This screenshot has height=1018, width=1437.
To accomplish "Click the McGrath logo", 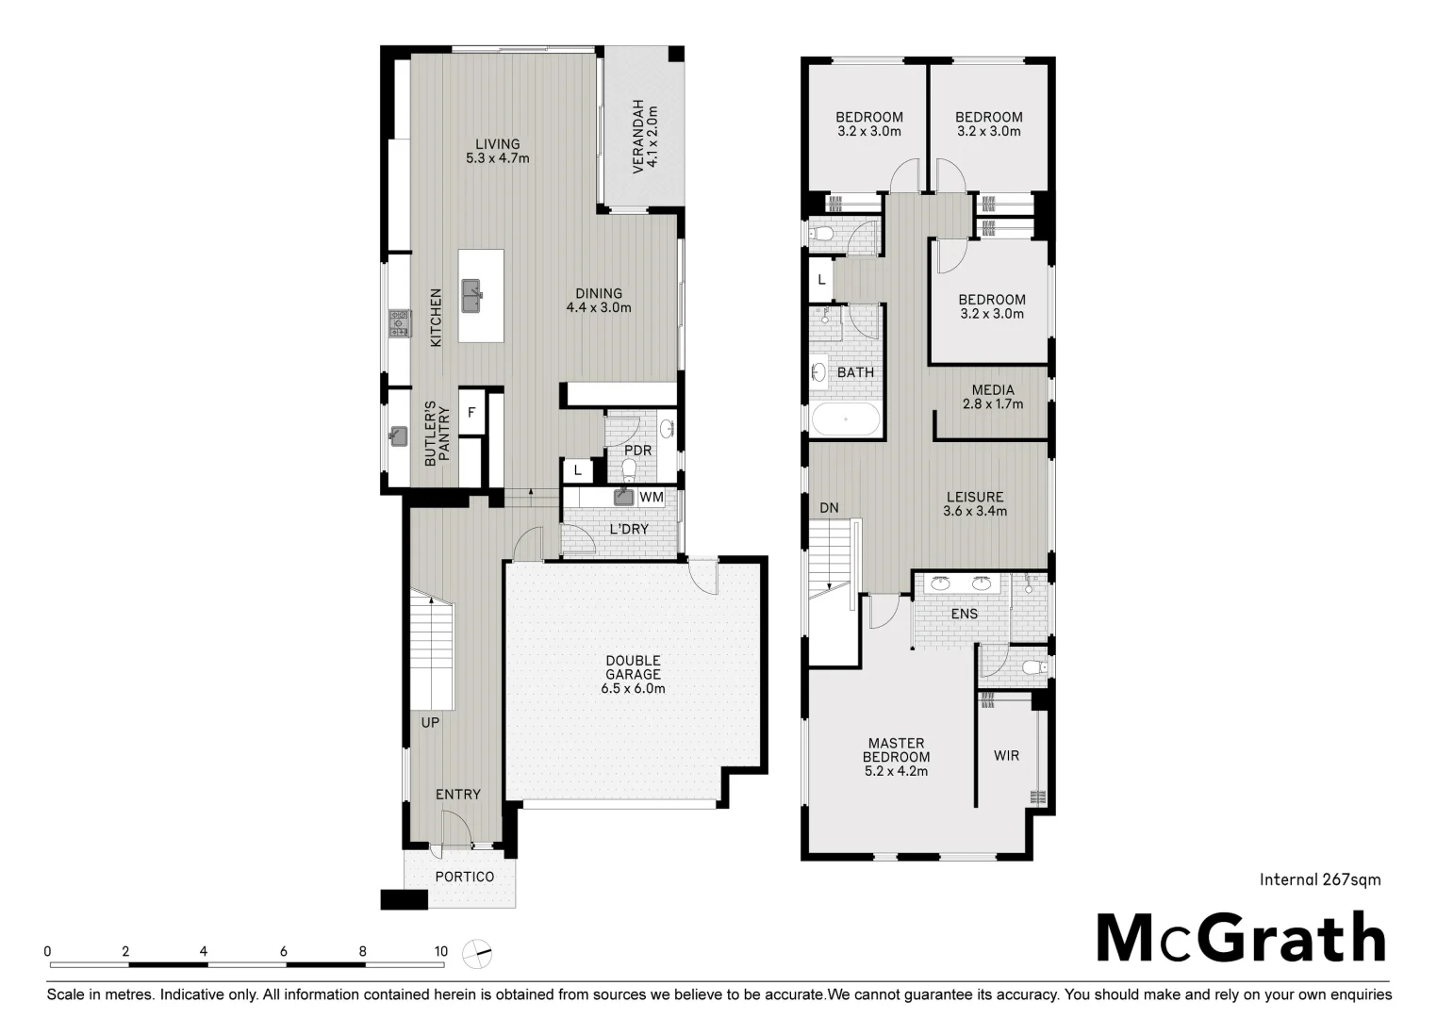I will [1240, 938].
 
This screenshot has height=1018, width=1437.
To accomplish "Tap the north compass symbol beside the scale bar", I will [478, 954].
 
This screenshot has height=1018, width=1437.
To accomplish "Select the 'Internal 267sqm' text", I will [1320, 879].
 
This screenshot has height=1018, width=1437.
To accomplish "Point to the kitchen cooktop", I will [399, 323].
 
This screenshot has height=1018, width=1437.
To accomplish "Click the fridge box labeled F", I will [471, 413].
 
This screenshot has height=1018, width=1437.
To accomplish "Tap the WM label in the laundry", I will [652, 497].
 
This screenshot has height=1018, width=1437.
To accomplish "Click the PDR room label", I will [637, 451].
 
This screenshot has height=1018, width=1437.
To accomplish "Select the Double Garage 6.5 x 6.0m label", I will [633, 675].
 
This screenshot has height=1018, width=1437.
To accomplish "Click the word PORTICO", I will [465, 877].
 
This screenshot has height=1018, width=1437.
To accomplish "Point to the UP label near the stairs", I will [430, 723].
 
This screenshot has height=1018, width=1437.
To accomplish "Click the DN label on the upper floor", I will [829, 508].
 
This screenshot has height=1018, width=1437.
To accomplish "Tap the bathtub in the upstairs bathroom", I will [846, 419].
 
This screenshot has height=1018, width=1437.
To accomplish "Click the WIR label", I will [1006, 756].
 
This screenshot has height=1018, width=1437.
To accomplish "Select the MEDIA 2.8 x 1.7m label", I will [993, 397].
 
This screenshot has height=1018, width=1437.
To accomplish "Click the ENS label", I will [964, 614].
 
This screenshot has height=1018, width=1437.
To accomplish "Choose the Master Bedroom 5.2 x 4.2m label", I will [896, 757].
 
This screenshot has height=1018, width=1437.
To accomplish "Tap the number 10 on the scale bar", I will [440, 951].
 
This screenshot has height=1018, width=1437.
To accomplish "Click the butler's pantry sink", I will [399, 436].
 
